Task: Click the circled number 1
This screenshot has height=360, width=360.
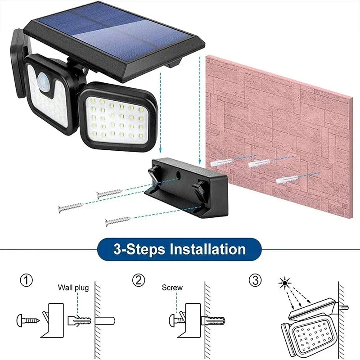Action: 27,281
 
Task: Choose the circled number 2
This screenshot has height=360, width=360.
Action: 139,281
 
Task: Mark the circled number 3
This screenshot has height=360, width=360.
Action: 255,281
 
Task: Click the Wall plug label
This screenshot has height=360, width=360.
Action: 73,288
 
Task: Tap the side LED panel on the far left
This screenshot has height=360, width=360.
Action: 20,63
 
